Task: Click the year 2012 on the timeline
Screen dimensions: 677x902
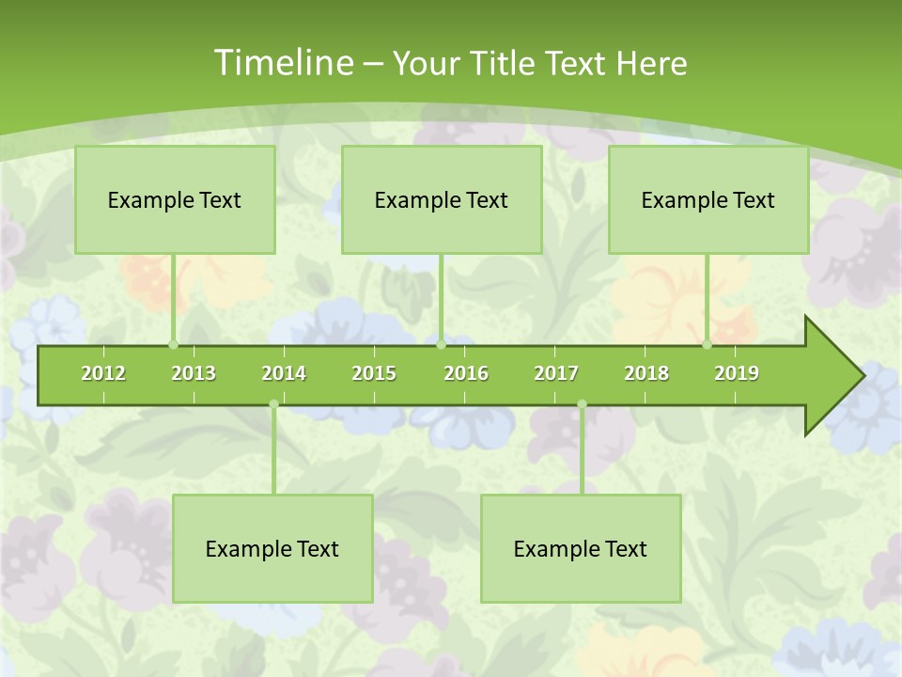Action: pyautogui.click(x=103, y=373)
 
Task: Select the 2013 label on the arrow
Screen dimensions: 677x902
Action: pyautogui.click(x=194, y=373)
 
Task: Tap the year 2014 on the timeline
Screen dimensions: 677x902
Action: pyautogui.click(x=284, y=373)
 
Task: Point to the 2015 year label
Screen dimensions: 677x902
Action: pyautogui.click(x=374, y=373)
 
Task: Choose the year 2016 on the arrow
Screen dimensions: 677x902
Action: pyautogui.click(x=466, y=373)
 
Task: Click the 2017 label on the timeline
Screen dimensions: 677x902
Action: pyautogui.click(x=556, y=373)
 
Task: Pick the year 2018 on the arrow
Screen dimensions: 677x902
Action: pyautogui.click(x=646, y=373)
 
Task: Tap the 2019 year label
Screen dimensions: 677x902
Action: pyautogui.click(x=737, y=373)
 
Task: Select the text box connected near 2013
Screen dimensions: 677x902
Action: pyautogui.click(x=175, y=199)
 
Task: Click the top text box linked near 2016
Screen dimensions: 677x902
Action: pyautogui.click(x=442, y=199)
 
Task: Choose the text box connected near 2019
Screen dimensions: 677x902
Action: pyautogui.click(x=708, y=199)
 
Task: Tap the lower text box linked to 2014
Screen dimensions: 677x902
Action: pyautogui.click(x=272, y=548)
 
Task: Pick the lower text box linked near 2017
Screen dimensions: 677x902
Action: pyautogui.click(x=581, y=548)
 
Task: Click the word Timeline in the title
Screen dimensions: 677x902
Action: pyautogui.click(x=282, y=63)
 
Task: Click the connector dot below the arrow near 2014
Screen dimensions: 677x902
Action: pyautogui.click(x=273, y=404)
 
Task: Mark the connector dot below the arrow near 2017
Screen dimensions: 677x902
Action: pyautogui.click(x=582, y=404)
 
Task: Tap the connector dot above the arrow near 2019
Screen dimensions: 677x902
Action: pyautogui.click(x=707, y=345)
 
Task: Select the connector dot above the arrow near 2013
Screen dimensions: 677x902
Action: pyautogui.click(x=173, y=345)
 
